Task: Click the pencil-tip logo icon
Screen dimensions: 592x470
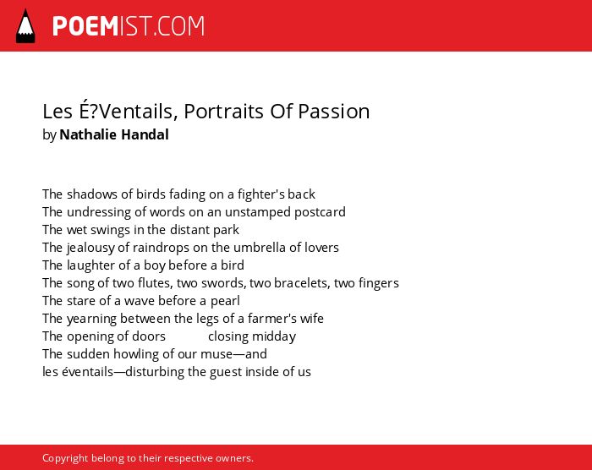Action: [25, 25]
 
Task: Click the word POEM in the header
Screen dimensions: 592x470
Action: [85, 26]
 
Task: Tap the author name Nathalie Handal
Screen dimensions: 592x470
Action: [114, 134]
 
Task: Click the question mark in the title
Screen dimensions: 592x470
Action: [92, 112]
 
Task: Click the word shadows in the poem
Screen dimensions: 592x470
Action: [92, 194]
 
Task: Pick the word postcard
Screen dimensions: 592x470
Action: [320, 212]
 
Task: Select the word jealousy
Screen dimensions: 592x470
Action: [90, 248]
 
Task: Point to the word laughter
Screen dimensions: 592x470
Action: [91, 265]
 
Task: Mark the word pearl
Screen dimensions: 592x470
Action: [225, 301]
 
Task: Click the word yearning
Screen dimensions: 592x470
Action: [91, 319]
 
